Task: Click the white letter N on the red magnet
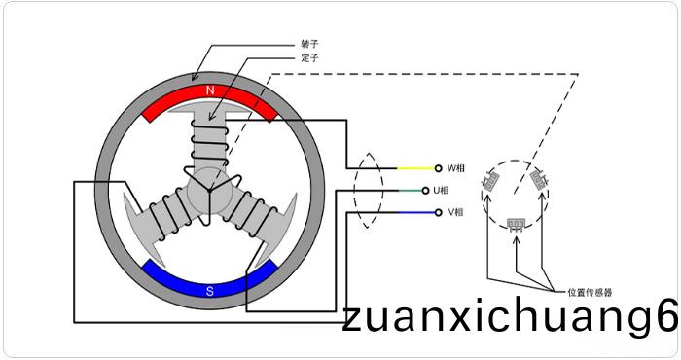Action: pos(210,90)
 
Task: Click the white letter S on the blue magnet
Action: pos(210,291)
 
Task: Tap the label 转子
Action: pos(309,44)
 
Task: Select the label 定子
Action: pos(309,57)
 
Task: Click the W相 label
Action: pos(456,168)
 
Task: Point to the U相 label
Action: pos(442,190)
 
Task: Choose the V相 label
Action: pos(455,212)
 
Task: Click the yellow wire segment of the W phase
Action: pos(415,168)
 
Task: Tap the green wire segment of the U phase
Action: pos(411,190)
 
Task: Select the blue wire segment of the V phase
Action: pos(416,212)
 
